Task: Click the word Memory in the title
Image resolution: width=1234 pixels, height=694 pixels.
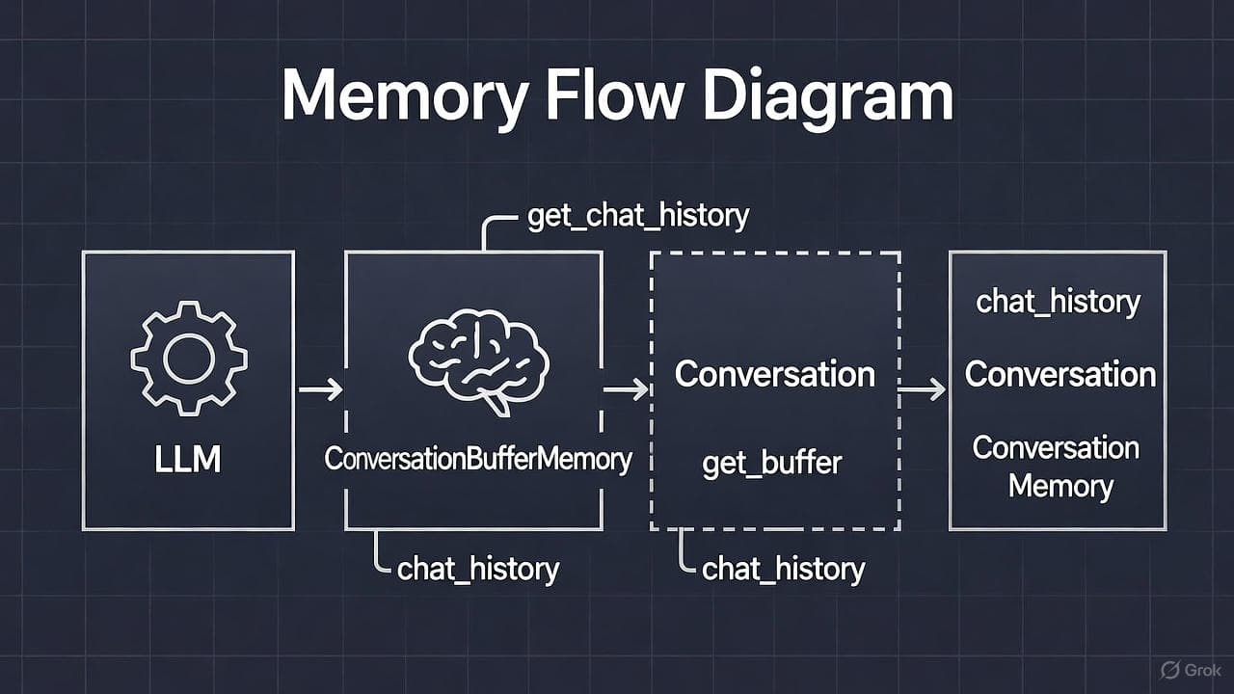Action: (405, 94)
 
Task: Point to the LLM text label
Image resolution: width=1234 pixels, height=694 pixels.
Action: (188, 460)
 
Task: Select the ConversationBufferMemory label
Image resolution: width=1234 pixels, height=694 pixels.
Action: (478, 459)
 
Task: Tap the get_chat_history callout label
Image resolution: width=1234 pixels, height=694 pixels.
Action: (637, 215)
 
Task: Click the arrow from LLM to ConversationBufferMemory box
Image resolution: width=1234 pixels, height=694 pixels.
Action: (320, 389)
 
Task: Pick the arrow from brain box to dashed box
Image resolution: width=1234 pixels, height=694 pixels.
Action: (626, 389)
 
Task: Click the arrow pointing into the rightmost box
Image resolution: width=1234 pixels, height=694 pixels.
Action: (923, 389)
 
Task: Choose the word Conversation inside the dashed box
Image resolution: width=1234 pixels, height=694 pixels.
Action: (775, 374)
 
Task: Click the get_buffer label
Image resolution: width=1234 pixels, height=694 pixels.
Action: (772, 464)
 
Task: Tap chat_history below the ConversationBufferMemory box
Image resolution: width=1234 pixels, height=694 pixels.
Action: (478, 569)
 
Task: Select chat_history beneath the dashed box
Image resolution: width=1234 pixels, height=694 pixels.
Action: (783, 569)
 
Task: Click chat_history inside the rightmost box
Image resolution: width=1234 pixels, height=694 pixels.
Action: (1058, 302)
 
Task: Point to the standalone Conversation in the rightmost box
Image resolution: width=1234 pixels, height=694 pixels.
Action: (1060, 374)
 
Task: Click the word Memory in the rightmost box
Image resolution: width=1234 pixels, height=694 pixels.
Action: (1060, 485)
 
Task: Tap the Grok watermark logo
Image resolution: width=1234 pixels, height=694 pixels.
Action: (1190, 669)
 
